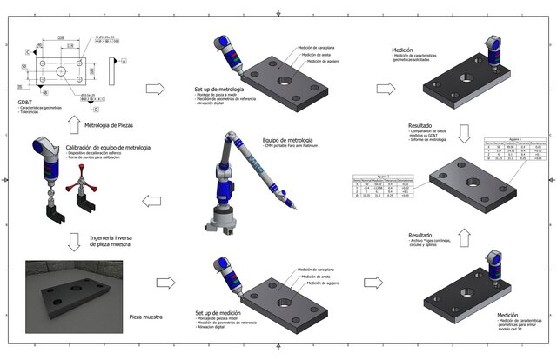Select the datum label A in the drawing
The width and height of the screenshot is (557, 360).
124,61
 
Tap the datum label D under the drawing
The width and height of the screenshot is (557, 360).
97,110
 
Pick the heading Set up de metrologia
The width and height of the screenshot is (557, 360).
224,90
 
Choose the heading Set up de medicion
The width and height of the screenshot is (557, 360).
223,311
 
